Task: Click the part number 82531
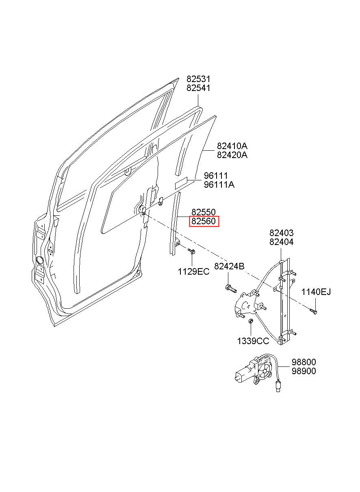point(198,79)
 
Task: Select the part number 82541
point(198,88)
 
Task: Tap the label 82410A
point(232,146)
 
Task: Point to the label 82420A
point(232,155)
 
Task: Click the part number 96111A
point(219,185)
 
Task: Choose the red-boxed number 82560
point(204,221)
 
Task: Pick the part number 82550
point(204,212)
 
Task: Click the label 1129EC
point(193,272)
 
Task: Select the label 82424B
point(229,267)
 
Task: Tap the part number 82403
point(281,233)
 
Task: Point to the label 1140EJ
point(316,292)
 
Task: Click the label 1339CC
point(253,341)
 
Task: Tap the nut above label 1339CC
point(250,321)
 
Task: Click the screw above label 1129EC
point(192,251)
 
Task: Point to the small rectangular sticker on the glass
point(181,183)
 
